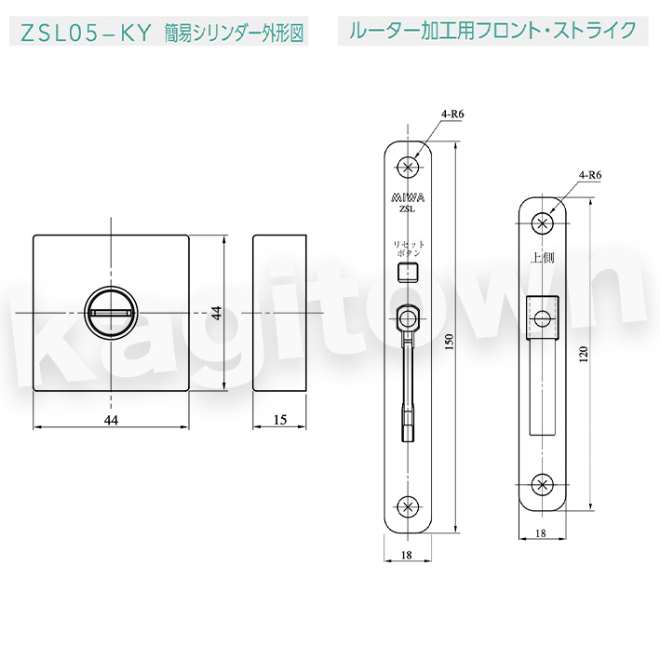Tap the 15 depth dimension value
280,420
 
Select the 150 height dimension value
449,342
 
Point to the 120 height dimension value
583,355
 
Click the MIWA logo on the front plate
408,197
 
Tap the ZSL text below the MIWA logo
407,209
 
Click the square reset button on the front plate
408,271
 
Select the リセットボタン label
409,249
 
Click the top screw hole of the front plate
408,168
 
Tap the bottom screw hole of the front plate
408,506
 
